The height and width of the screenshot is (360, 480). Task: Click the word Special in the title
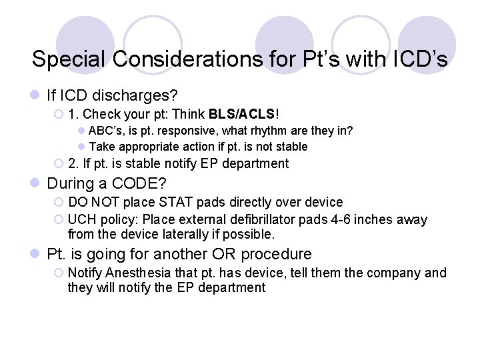pyautogui.click(x=69, y=59)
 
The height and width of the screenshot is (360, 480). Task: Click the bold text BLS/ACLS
pyautogui.click(x=243, y=114)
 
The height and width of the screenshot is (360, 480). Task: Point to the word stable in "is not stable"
pyautogui.click(x=291, y=147)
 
